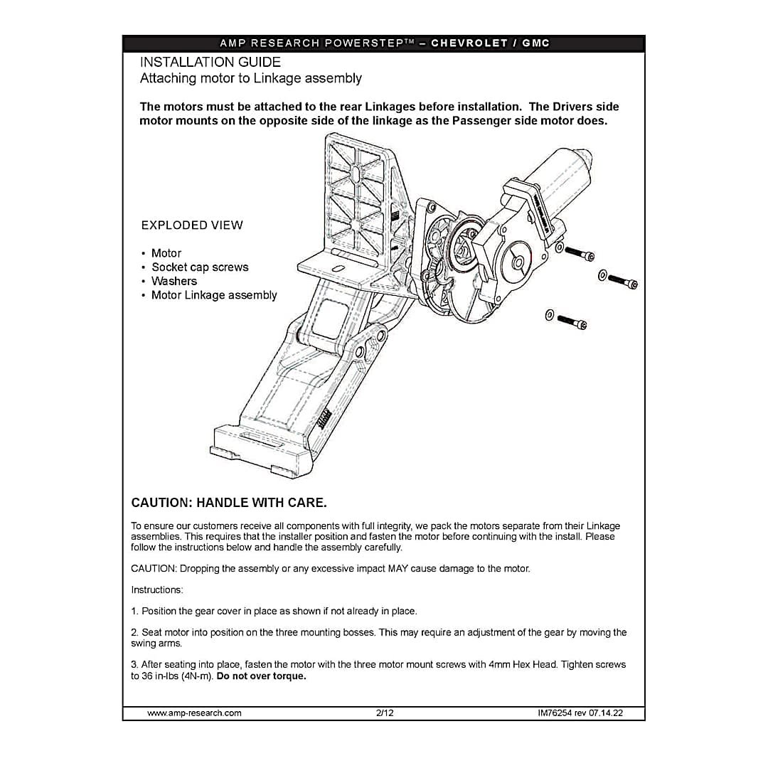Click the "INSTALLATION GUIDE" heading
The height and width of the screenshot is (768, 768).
[210, 62]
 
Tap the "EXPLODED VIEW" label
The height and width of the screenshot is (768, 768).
[192, 225]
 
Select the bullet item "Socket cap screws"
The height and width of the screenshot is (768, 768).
[200, 267]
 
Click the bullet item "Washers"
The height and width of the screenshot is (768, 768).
[174, 281]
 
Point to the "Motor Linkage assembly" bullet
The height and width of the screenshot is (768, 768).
[214, 295]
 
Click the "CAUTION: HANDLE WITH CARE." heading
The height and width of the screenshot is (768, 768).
[229, 503]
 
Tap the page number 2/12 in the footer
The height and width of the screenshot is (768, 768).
[385, 713]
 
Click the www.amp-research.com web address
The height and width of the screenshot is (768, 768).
[194, 713]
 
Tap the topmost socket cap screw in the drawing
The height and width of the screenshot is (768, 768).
[579, 252]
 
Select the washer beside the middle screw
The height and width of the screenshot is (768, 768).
[603, 274]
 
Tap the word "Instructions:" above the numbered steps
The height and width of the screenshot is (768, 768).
[157, 590]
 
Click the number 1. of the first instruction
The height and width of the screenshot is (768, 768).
[135, 612]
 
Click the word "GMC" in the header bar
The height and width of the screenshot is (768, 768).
[535, 43]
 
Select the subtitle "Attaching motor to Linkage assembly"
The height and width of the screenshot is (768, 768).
[251, 78]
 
